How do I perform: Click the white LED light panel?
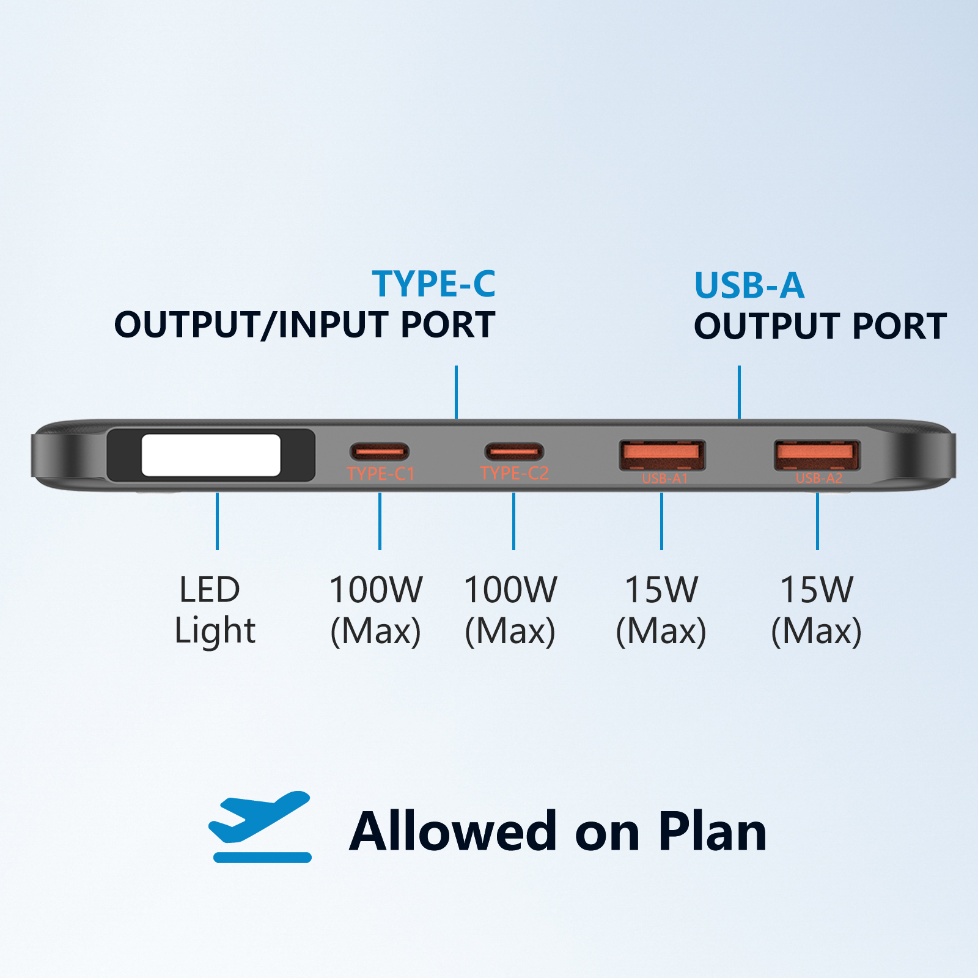[211, 455]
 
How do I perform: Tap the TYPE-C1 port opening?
[380, 452]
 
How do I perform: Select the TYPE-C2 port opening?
[514, 452]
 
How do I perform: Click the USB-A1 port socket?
[662, 455]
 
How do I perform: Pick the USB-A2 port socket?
[817, 455]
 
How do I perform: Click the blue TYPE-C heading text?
[433, 284]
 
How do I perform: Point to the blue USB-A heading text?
[749, 285]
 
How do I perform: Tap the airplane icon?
[260, 825]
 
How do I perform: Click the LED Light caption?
[214, 609]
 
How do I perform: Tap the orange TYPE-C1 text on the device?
[380, 474]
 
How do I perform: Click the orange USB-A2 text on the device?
[819, 478]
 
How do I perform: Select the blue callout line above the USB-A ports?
[739, 392]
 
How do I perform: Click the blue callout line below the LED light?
[217, 521]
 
